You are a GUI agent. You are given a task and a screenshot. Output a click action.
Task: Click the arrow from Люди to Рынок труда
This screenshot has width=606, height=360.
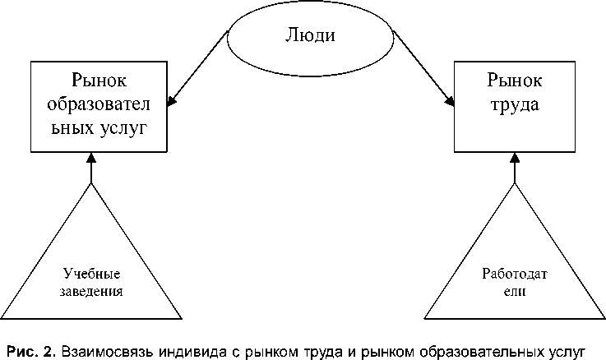click(424, 69)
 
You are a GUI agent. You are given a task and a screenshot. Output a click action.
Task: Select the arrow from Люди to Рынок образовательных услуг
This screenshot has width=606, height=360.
click(197, 69)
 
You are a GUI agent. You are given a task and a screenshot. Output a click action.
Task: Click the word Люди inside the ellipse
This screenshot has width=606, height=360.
click(311, 36)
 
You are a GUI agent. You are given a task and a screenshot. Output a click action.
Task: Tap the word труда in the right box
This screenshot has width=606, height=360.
click(514, 106)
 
